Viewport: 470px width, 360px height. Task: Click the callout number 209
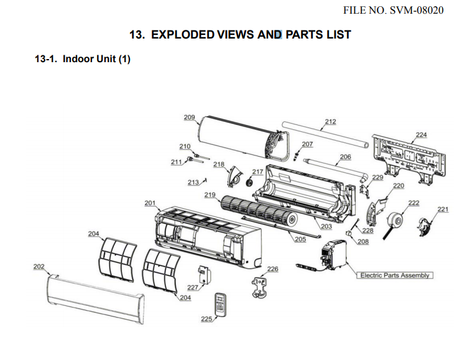click(x=190, y=118)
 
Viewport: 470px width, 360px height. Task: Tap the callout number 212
click(x=330, y=121)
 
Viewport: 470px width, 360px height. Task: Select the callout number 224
click(x=421, y=135)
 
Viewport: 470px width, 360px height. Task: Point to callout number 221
click(x=443, y=210)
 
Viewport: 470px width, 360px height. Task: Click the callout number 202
click(x=39, y=267)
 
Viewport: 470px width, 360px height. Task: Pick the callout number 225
click(x=206, y=318)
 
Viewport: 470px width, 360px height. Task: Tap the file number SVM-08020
click(x=393, y=11)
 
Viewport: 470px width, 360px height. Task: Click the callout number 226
click(x=272, y=269)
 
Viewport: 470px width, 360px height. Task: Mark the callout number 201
click(x=150, y=203)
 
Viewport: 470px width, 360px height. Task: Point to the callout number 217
click(x=257, y=172)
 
